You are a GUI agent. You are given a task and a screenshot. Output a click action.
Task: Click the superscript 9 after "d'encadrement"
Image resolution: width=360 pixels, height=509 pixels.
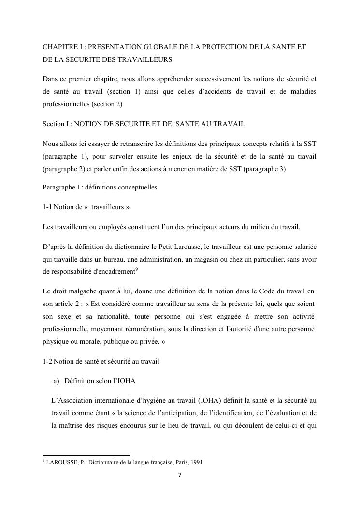138,270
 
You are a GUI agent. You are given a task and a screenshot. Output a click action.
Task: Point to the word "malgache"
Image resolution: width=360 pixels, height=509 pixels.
81,291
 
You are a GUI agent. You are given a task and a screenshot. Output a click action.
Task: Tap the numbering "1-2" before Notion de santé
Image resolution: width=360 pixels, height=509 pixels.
47,361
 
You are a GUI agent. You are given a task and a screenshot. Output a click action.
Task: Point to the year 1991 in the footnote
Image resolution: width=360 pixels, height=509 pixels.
197,462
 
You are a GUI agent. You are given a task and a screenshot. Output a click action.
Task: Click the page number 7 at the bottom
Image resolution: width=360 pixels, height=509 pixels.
180,475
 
